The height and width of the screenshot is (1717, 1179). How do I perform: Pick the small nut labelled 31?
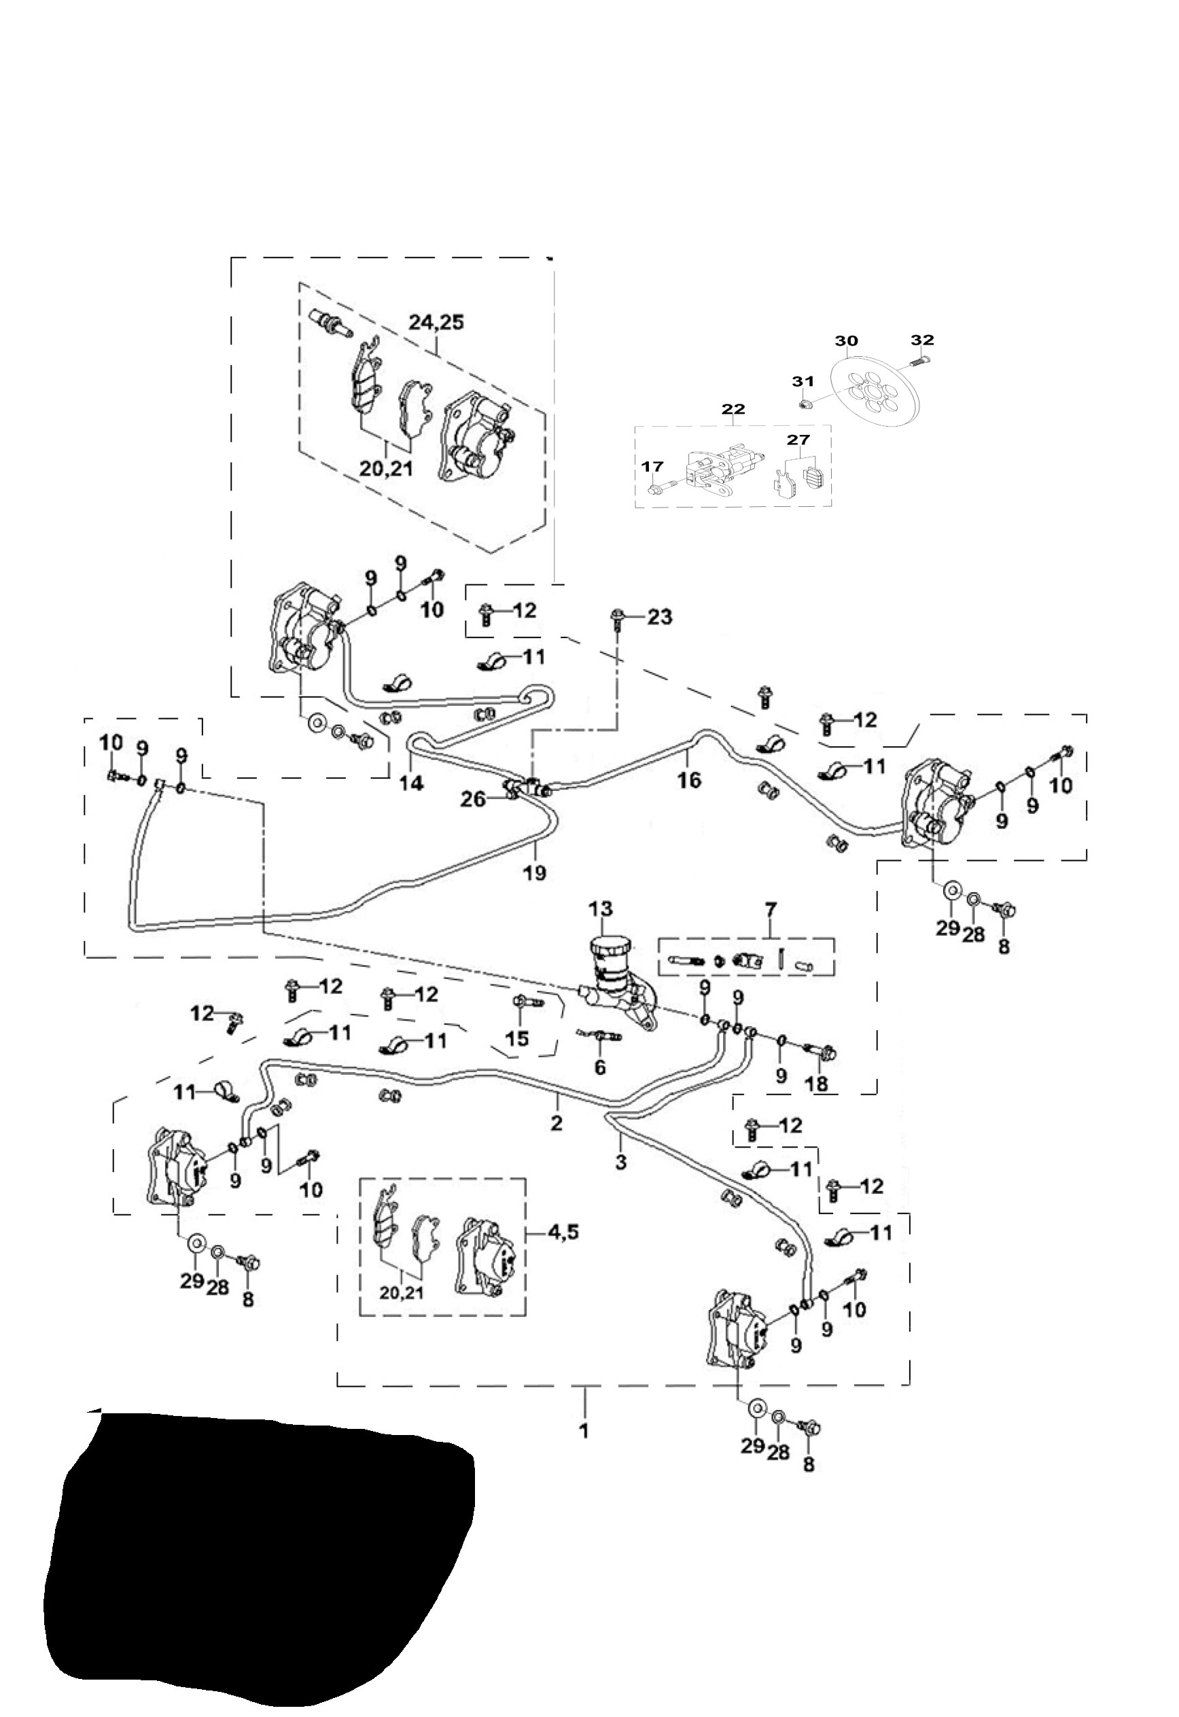tap(807, 404)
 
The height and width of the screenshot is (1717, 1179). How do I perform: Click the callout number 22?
tap(733, 408)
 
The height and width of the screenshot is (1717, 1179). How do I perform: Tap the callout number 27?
tap(798, 440)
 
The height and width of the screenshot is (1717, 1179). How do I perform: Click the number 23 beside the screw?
tap(659, 616)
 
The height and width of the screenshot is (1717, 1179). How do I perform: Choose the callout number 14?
tap(412, 783)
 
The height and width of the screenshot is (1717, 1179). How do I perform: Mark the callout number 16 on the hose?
tap(688, 779)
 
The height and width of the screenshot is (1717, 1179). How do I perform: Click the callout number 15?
tap(517, 1038)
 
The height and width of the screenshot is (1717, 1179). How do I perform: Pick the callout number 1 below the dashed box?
tap(584, 1431)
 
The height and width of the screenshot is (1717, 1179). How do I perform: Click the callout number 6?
tap(599, 1067)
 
